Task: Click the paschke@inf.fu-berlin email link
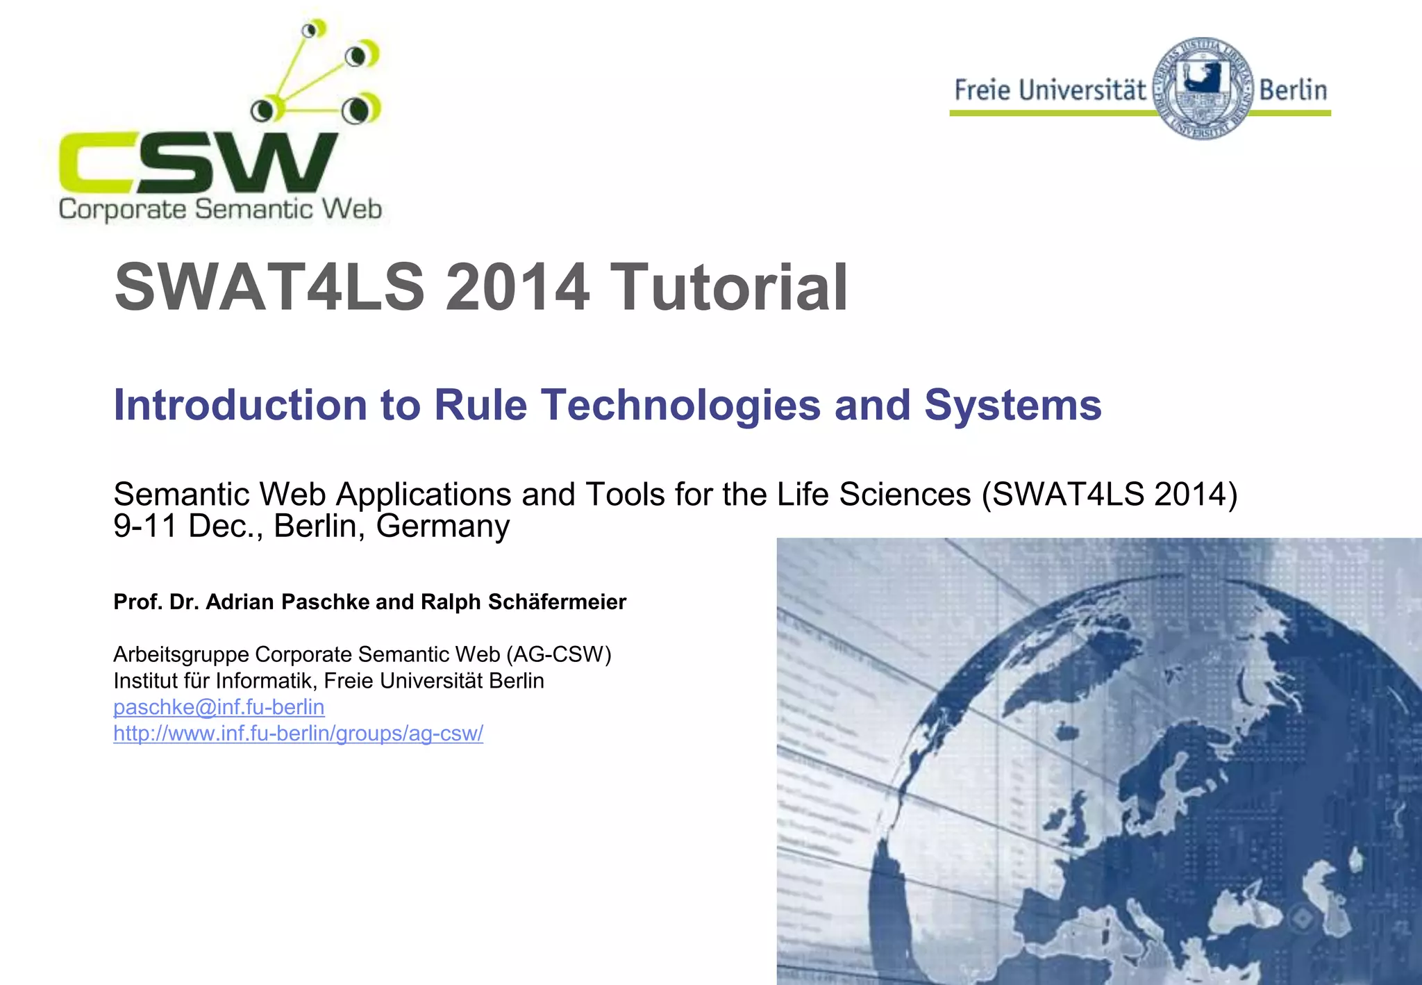pos(219,707)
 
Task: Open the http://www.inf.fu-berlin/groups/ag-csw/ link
pos(298,734)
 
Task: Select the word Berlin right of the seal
pos(1293,90)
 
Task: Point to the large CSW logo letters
pos(198,163)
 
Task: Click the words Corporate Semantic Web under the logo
pos(220,209)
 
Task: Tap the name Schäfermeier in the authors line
pos(557,602)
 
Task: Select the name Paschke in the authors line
pos(325,602)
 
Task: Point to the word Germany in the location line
pos(442,526)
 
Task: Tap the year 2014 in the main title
pos(517,287)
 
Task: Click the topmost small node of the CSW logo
pos(313,29)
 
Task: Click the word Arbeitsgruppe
pos(181,654)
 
